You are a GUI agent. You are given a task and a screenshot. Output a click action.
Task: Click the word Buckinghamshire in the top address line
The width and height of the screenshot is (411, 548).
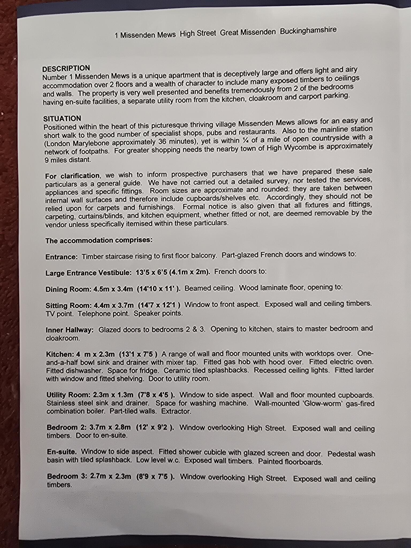point(308,30)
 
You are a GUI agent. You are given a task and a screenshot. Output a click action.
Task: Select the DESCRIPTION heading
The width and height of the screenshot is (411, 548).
point(66,68)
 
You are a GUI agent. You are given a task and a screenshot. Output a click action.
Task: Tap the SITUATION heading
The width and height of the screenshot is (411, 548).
point(62,119)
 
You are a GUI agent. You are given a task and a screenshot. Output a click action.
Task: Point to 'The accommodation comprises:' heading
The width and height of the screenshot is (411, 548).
point(99,240)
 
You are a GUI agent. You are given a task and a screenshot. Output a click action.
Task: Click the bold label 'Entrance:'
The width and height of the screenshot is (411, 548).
point(62,257)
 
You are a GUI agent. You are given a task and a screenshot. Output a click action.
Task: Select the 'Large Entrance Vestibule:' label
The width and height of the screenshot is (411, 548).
point(89,273)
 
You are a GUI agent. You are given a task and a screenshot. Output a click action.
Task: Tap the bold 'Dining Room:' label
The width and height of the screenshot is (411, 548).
point(68,289)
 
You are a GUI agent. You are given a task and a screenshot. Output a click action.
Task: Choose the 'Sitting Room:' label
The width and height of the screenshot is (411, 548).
point(68,306)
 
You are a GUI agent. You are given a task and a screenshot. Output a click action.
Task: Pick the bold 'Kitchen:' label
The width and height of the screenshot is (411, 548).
point(60,354)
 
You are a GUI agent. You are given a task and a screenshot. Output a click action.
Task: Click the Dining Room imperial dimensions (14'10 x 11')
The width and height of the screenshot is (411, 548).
point(158,289)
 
